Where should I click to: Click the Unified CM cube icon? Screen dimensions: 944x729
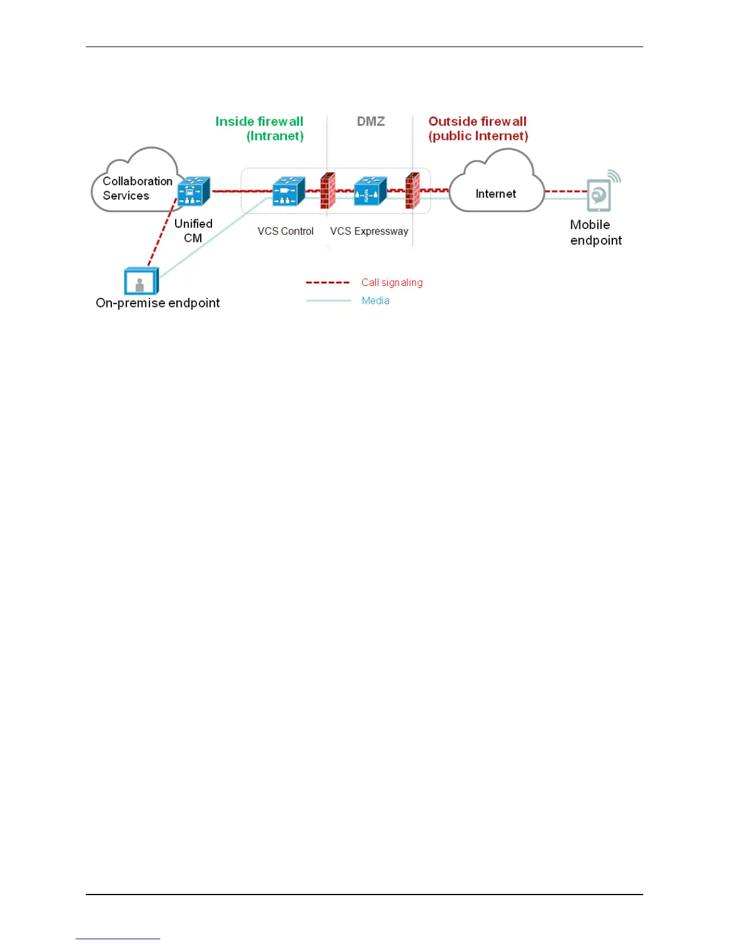point(194,191)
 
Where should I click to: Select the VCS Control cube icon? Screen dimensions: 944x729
point(288,191)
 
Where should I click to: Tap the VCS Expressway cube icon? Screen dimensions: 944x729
point(370,191)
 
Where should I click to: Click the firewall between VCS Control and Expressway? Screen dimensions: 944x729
point(328,191)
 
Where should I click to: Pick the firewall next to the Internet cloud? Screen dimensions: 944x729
point(412,191)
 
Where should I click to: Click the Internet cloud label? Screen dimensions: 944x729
point(496,194)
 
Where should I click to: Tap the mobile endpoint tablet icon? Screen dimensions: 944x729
point(599,195)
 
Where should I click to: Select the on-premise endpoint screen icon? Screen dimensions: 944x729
point(141,281)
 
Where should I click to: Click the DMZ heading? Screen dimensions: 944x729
point(370,122)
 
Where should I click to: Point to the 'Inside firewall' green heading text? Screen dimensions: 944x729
point(259,122)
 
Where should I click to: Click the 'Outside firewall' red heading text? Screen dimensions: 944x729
point(478,122)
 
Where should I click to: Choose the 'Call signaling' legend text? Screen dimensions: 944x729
point(392,282)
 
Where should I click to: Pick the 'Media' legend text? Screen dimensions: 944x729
point(375,301)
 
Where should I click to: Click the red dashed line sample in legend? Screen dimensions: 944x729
point(328,282)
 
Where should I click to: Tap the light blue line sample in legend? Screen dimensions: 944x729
point(328,301)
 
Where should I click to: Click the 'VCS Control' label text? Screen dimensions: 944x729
point(285,231)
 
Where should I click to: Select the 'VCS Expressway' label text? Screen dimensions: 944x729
point(369,231)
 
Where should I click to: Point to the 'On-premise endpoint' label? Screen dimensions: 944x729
point(158,303)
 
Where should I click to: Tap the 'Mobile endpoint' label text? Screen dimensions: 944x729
point(595,232)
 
